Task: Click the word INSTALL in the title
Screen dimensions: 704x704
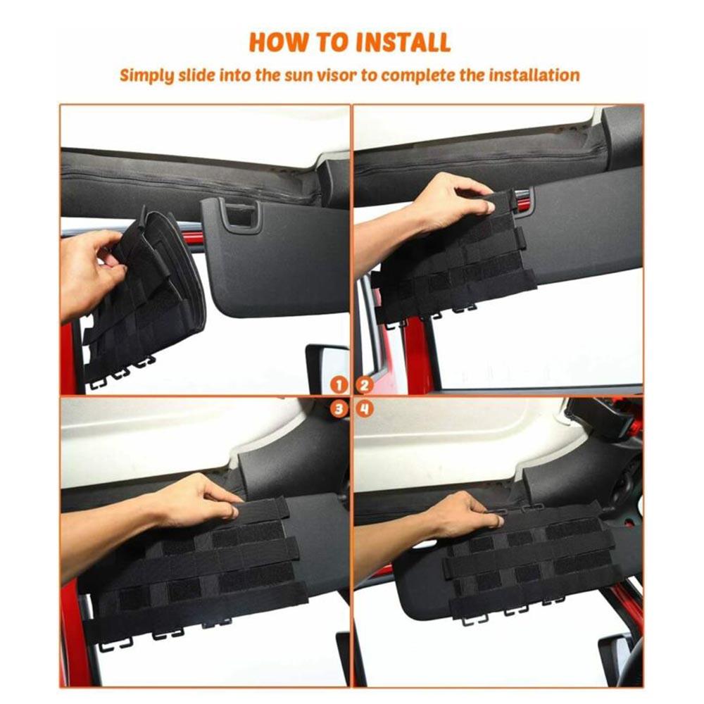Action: pos(402,43)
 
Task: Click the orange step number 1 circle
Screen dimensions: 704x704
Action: pos(339,385)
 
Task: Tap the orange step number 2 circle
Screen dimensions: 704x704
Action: pos(365,385)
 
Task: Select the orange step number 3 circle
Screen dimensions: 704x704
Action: pos(339,409)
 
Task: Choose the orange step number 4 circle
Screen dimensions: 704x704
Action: pos(365,409)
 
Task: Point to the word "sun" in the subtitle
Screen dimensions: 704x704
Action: pos(298,76)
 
